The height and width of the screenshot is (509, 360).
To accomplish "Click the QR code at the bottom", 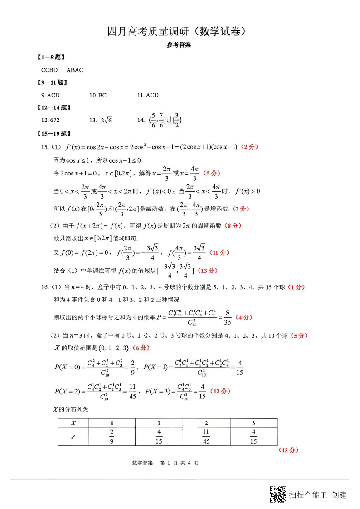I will point(278,494).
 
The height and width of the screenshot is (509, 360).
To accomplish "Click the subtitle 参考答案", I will point(179,45).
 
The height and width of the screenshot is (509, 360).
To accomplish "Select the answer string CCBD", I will point(49,70).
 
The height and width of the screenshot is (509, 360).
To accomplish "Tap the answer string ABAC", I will point(75,70).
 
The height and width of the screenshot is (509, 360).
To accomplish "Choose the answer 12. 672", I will point(50,120).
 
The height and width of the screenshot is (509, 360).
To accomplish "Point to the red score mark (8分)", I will point(233,226).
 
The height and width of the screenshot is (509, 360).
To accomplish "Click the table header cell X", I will point(73,423).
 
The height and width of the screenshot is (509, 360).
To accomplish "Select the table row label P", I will point(73,436).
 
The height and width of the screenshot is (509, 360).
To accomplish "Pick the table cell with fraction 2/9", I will point(112,436).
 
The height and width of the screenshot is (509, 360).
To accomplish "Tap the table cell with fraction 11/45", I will point(206,436).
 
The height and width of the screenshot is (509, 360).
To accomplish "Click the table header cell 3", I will point(253,423).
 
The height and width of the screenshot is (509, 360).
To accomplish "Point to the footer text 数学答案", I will point(142,463).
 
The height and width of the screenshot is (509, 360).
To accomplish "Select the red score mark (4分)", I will point(244,317).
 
